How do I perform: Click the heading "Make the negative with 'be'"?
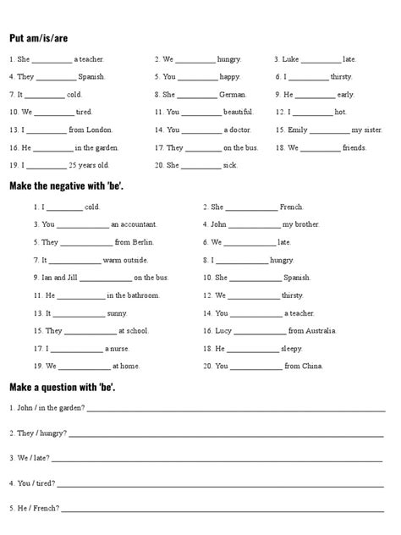[67, 185]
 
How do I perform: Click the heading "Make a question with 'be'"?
[63, 387]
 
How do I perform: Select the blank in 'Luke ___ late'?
[321, 59]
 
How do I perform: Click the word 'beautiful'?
[238, 113]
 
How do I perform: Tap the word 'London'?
[99, 130]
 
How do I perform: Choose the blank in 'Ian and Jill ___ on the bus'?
[106, 278]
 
